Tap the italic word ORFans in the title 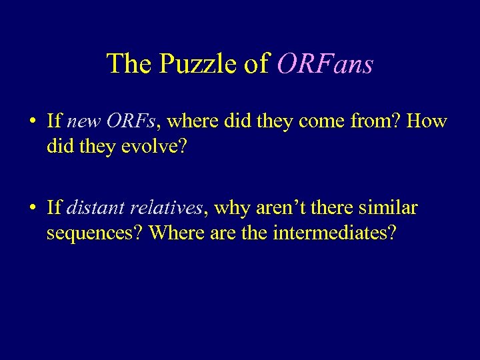pos(325,64)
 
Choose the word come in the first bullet pos(319,122)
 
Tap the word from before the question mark pos(367,122)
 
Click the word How pos(426,122)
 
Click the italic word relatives pos(167,208)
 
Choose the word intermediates pos(334,233)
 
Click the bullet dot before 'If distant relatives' pos(32,209)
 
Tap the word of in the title pos(256,64)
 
